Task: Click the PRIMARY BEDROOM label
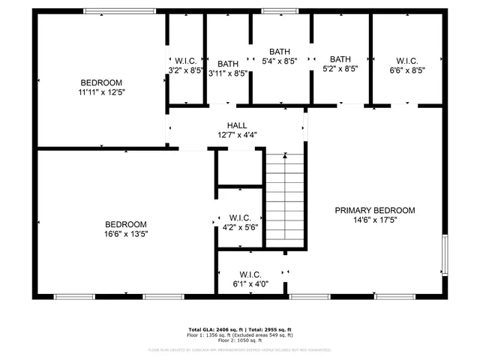click(374, 211)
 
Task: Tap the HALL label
click(237, 125)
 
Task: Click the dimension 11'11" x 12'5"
click(101, 92)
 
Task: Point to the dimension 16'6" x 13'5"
click(125, 234)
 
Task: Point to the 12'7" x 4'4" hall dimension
click(237, 135)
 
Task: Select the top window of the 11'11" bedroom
click(119, 11)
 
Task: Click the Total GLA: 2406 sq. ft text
click(214, 329)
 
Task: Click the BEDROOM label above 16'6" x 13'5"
click(125, 224)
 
